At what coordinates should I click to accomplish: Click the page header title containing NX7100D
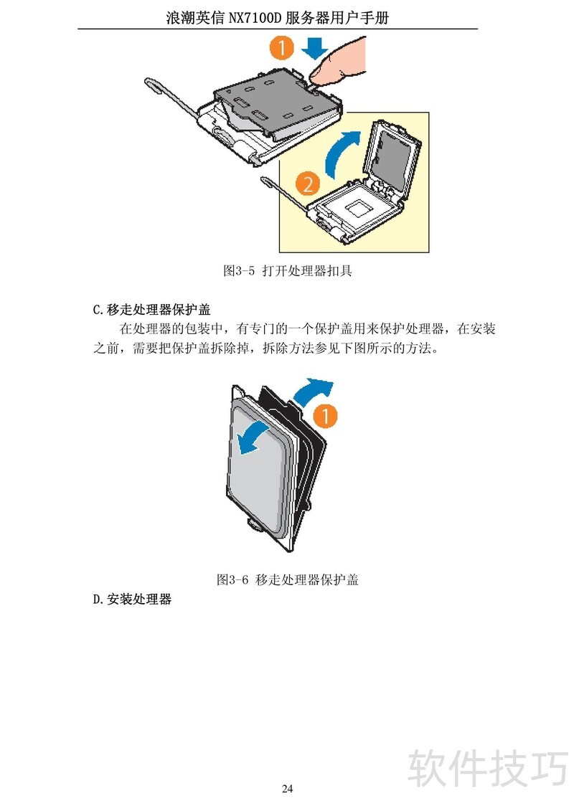click(x=277, y=18)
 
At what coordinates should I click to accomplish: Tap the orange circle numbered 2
click(x=307, y=184)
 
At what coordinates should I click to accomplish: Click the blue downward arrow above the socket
click(x=315, y=49)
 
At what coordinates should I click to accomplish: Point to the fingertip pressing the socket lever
click(x=316, y=77)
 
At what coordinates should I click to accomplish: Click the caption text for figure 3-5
click(x=287, y=270)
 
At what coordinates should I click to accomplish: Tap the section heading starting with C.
click(x=151, y=309)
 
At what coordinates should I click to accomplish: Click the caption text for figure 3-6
click(x=287, y=579)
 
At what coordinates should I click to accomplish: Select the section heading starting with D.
click(x=132, y=599)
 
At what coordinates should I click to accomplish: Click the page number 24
click(x=287, y=788)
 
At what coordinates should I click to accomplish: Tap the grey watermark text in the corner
click(x=488, y=767)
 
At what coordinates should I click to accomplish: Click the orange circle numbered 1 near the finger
click(x=281, y=48)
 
